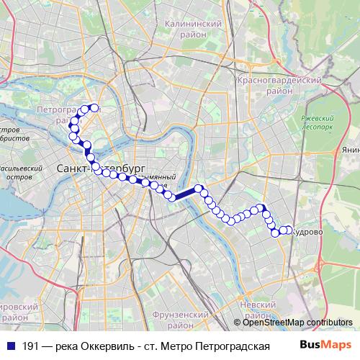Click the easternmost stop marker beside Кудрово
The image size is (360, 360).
(x=289, y=230)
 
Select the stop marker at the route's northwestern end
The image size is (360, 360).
(x=94, y=108)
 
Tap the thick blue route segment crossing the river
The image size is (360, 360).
(x=186, y=194)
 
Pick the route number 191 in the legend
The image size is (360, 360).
(x=30, y=346)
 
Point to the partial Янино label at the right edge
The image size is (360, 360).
(x=351, y=150)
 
